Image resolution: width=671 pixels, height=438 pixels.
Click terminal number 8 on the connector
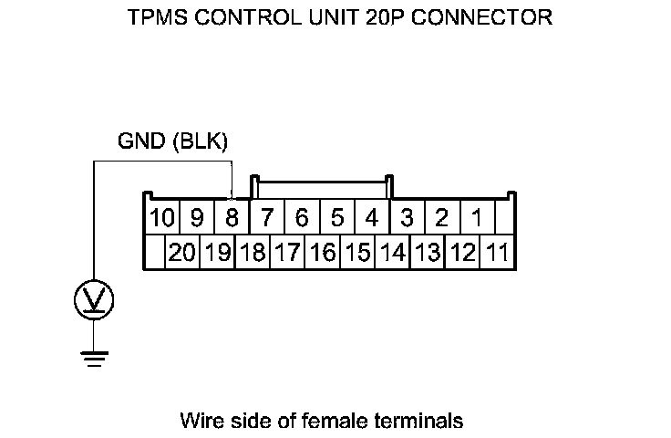point(232,219)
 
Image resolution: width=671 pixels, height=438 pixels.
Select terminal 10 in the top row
point(161,219)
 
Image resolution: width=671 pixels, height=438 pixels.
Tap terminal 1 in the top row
point(476,219)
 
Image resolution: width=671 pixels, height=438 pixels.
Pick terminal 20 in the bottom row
point(182,253)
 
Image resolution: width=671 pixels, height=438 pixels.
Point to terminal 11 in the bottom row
point(498,253)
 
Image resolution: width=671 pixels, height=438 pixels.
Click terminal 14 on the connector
point(392,253)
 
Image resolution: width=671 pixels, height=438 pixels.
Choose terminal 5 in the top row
point(336,219)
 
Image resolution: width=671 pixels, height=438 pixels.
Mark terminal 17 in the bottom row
point(288,253)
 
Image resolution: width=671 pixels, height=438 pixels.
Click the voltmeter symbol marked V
point(94,298)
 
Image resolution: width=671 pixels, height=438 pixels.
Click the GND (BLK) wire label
point(172,141)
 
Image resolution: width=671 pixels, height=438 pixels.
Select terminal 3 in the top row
point(407,219)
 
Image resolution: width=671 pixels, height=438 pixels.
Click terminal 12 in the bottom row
point(463,253)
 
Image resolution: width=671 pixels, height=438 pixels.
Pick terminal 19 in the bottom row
point(218,253)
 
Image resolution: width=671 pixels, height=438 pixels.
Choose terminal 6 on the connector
point(302,219)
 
